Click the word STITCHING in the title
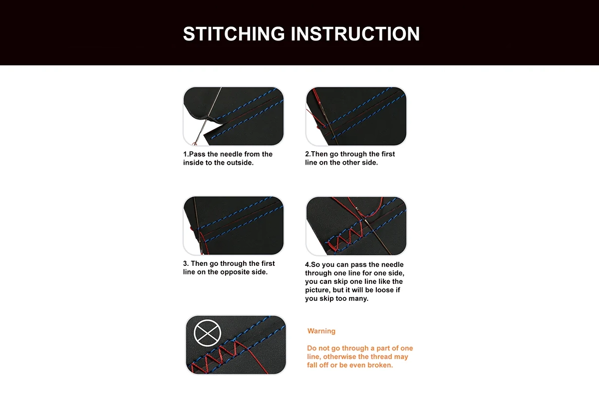point(234,34)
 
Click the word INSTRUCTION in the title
point(355,34)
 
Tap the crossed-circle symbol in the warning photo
point(207,333)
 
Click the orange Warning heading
point(321,331)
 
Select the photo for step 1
point(233,116)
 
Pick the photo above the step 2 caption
point(356,116)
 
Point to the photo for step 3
point(233,225)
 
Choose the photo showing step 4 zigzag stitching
point(356,226)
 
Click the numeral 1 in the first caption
point(185,154)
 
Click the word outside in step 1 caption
point(242,163)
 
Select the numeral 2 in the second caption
point(307,154)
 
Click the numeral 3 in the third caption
point(185,264)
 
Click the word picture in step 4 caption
point(317,290)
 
